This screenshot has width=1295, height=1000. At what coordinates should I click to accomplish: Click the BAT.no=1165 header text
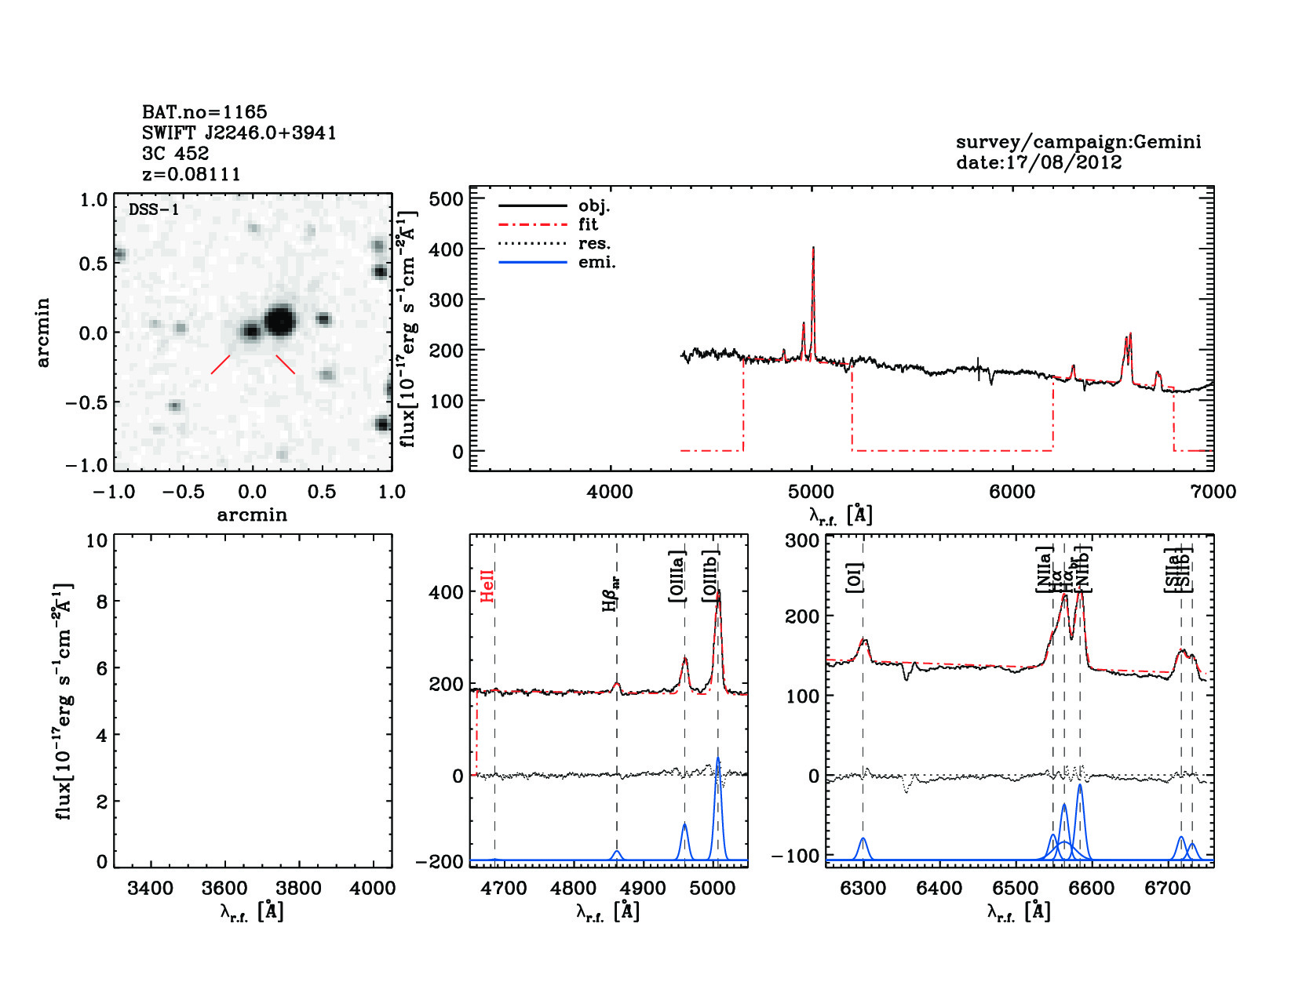[x=204, y=112]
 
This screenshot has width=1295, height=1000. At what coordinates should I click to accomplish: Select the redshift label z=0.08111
[x=191, y=174]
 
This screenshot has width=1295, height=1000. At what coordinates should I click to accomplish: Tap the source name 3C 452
[x=175, y=153]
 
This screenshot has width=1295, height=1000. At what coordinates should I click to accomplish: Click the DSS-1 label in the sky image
[x=154, y=209]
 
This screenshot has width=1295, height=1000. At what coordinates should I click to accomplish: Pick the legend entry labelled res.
[x=593, y=243]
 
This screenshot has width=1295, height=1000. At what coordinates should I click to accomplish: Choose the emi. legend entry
[x=596, y=262]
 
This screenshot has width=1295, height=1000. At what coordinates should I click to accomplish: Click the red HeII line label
[x=487, y=586]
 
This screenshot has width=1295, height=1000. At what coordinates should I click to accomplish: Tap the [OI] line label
[x=855, y=577]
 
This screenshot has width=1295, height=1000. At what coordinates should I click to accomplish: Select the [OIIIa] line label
[x=677, y=576]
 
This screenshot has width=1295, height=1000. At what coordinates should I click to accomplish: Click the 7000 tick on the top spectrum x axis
[x=1213, y=492]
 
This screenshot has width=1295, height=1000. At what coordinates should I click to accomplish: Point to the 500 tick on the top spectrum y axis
[x=447, y=199]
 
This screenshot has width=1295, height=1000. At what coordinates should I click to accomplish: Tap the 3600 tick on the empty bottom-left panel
[x=225, y=889]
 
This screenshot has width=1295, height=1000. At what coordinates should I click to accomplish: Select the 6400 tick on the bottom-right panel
[x=939, y=889]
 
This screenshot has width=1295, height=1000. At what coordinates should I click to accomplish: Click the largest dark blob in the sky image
[x=279, y=321]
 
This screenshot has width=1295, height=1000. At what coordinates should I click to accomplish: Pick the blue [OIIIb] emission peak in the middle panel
[x=717, y=759]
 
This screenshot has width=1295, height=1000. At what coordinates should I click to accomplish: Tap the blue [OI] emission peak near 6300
[x=863, y=839]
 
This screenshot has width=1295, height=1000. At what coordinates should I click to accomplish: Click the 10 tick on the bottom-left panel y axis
[x=97, y=540]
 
